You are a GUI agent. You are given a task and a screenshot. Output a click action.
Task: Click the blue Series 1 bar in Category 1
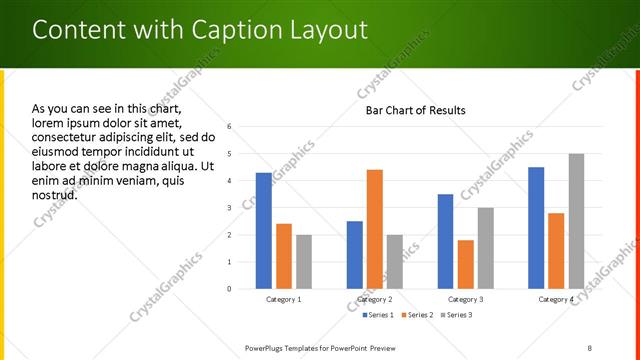[x=263, y=231]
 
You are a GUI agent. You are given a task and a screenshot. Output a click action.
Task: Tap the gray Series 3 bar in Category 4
[x=576, y=221]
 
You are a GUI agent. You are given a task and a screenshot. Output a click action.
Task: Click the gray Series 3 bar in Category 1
[x=303, y=262]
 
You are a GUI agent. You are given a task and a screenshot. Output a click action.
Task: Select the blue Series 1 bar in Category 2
[x=355, y=255]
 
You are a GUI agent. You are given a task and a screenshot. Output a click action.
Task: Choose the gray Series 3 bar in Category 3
[x=485, y=248]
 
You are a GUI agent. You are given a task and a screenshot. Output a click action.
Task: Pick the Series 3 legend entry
[x=458, y=315]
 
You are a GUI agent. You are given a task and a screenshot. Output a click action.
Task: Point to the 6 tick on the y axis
[x=230, y=127]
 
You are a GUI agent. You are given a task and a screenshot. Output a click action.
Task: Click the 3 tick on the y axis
[x=230, y=208]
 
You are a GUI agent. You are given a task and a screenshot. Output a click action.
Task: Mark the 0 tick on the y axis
[x=230, y=289]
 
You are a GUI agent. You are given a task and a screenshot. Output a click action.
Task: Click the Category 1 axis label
[x=284, y=299]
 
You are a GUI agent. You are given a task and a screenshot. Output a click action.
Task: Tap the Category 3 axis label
[x=465, y=299]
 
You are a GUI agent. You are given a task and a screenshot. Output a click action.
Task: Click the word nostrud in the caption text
[x=54, y=194]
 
